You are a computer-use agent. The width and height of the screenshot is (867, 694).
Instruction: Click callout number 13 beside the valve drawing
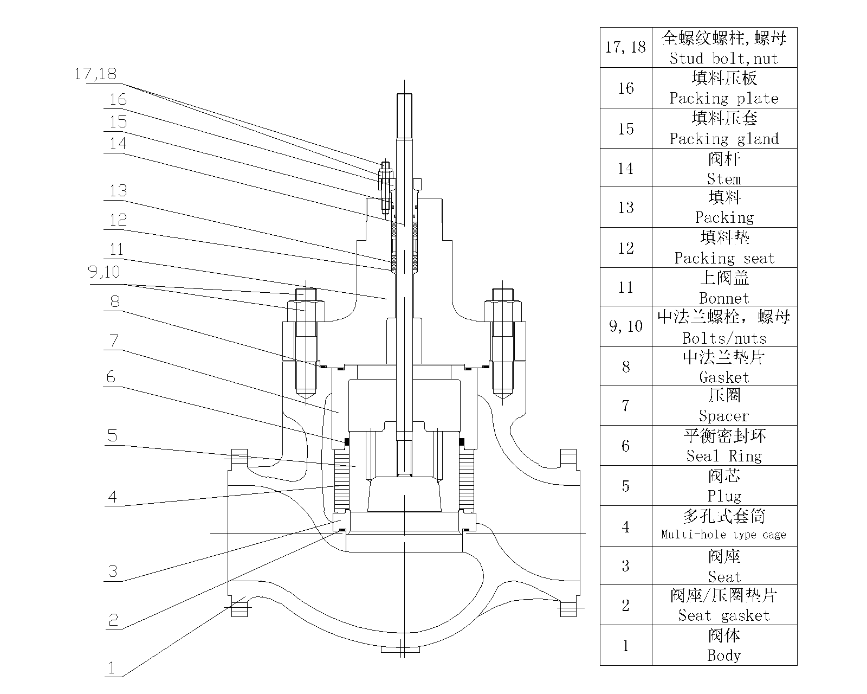click(118, 190)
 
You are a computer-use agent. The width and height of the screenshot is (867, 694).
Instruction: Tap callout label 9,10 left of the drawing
click(104, 272)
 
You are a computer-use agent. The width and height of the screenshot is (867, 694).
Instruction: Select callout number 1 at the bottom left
click(112, 668)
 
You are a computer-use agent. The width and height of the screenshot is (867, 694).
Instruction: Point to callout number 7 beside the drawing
click(114, 340)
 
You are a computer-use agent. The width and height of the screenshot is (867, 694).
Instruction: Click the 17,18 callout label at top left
click(95, 74)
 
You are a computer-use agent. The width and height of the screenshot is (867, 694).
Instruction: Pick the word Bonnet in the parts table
click(724, 298)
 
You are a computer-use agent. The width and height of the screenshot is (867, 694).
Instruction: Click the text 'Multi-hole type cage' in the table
click(723, 535)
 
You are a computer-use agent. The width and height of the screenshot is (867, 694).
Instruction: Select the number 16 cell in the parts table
click(626, 88)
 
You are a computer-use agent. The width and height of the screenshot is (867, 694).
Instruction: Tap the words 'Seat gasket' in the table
click(723, 615)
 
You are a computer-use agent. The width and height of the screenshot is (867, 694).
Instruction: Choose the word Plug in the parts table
click(724, 496)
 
